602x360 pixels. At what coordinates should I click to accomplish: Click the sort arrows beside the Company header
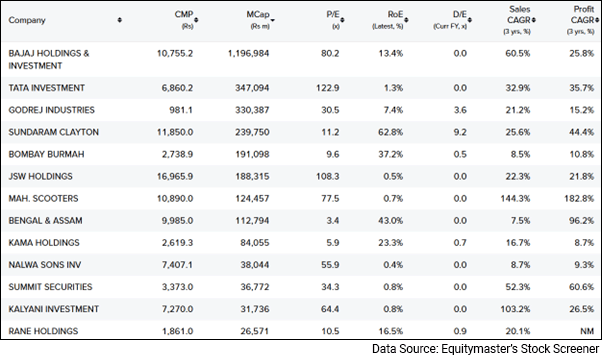(x=120, y=19)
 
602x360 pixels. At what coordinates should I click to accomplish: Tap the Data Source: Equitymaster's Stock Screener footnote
(x=484, y=349)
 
